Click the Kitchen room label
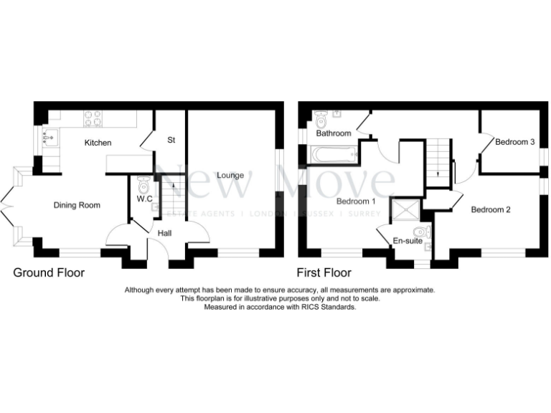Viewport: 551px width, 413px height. pos(98,143)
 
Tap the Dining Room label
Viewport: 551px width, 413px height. pos(77,205)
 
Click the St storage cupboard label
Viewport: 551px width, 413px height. pos(171,140)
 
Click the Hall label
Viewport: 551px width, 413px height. pos(165,233)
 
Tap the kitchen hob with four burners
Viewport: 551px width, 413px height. pos(92,118)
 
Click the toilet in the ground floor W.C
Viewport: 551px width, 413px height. pos(143,186)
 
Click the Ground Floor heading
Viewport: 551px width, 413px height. pos(50,273)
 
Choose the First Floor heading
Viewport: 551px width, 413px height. pos(324,273)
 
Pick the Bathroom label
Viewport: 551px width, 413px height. pos(334,133)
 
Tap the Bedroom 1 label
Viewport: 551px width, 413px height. pos(357,201)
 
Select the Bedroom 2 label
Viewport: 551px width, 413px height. pos(491,210)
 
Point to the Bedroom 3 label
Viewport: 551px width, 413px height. pos(515,142)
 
